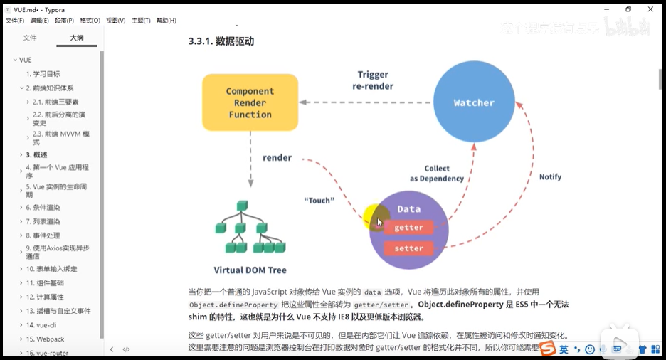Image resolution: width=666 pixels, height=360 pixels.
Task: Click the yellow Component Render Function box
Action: [250, 102]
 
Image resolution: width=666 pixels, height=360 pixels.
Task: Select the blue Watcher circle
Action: [474, 102]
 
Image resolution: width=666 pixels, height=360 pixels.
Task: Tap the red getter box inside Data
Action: [408, 228]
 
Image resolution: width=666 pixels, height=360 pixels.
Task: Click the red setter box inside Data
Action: [408, 249]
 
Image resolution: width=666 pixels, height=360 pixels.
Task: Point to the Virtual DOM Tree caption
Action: [250, 270]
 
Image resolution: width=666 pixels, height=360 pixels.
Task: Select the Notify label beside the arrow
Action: [550, 176]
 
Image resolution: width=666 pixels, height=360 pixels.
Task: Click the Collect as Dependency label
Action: [436, 174]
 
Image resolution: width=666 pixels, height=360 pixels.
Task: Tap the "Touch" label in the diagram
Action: [319, 201]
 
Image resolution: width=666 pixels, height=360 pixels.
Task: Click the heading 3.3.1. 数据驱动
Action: [221, 41]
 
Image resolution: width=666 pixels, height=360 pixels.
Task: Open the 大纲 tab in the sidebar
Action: [76, 38]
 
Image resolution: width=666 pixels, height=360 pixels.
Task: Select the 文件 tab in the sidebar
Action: [29, 38]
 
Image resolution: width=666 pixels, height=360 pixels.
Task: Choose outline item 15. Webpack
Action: [46, 339]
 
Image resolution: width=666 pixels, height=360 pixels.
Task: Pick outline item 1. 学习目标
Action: [43, 74]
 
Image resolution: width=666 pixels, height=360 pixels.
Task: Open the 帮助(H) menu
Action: [166, 21]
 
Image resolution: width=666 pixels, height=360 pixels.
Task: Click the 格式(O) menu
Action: [90, 21]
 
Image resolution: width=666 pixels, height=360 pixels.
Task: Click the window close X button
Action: [650, 9]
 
